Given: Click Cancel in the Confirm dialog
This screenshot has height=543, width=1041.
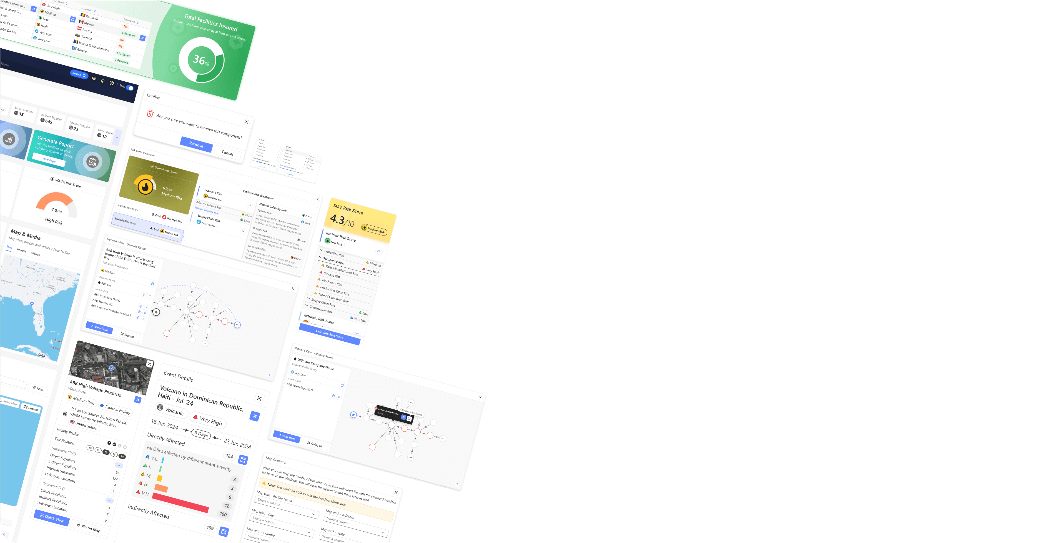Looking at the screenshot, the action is click(x=227, y=153).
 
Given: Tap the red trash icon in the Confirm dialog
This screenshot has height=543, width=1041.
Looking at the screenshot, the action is click(x=150, y=113).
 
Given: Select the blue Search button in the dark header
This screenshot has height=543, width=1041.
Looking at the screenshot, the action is click(x=79, y=74).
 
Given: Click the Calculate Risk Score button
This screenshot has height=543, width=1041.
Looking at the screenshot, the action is click(x=329, y=334).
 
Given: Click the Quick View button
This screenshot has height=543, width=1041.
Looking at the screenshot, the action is click(x=52, y=517).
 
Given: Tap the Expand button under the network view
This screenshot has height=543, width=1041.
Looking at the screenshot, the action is click(x=127, y=335).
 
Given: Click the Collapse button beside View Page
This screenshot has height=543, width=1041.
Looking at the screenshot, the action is click(x=315, y=444).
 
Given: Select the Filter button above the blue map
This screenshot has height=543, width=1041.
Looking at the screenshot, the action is click(x=38, y=389).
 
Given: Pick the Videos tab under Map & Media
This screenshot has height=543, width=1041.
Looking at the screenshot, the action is click(x=36, y=254).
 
